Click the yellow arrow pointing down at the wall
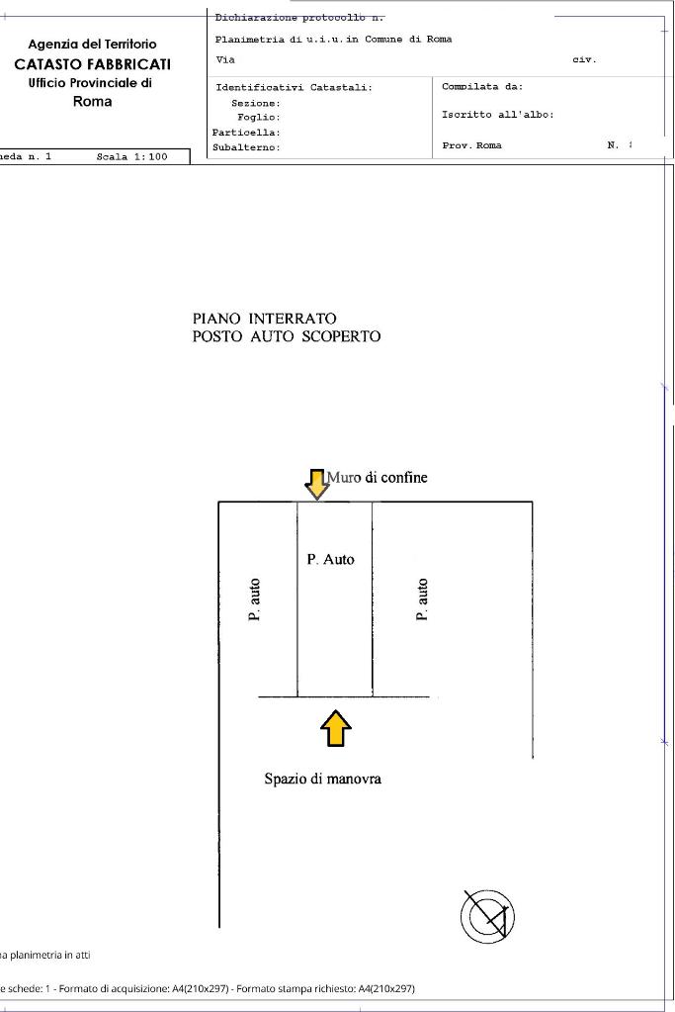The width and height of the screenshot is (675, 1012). (316, 485)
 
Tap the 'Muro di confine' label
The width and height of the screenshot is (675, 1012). (383, 478)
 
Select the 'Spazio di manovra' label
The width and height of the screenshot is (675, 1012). (322, 779)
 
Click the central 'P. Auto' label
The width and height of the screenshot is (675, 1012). (330, 559)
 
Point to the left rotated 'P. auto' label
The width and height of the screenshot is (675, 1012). (255, 600)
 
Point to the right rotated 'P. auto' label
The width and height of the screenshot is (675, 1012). (423, 600)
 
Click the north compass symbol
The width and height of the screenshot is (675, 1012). (487, 916)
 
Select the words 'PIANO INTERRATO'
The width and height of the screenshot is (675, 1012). (264, 319)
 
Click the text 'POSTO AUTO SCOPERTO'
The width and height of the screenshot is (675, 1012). (286, 336)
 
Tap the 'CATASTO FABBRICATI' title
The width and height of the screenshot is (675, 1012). (92, 64)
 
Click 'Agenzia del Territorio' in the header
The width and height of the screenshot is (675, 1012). (92, 45)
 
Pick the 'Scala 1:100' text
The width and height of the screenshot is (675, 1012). (131, 156)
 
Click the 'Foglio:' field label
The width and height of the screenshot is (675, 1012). (259, 117)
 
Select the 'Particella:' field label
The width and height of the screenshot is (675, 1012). (246, 132)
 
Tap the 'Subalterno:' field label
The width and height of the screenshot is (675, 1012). (246, 147)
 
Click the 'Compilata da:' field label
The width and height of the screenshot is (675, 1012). (482, 87)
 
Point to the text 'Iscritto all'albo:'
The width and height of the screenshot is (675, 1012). (497, 115)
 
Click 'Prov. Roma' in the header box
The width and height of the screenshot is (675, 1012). (471, 145)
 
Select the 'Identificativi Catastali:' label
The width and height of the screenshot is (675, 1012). (294, 88)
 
